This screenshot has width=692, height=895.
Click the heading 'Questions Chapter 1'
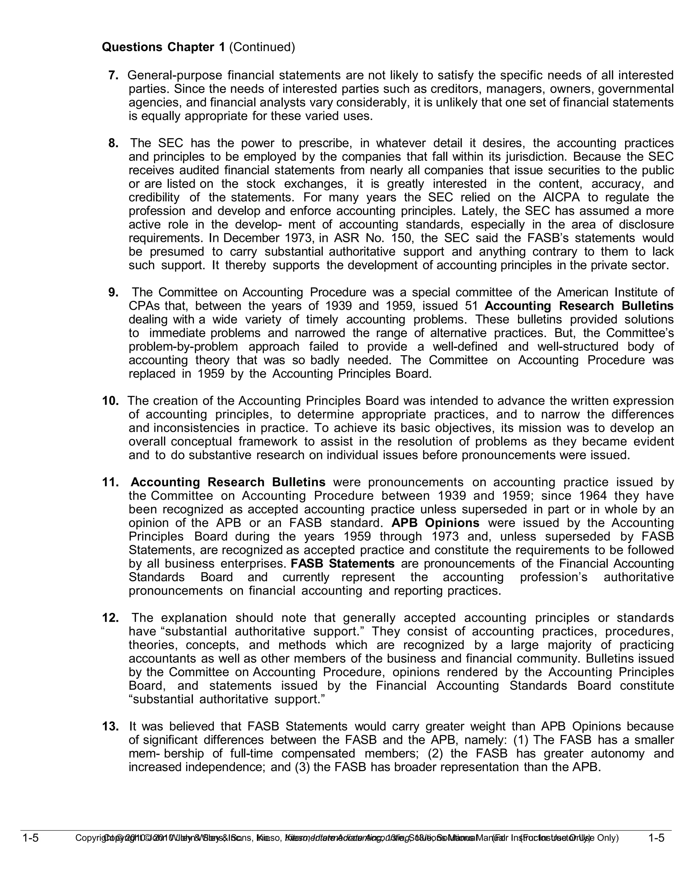pyautogui.click(x=163, y=48)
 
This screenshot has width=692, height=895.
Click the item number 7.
pyautogui.click(x=114, y=75)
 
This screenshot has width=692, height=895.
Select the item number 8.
pyautogui.click(x=114, y=143)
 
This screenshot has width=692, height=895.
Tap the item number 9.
pyautogui.click(x=114, y=292)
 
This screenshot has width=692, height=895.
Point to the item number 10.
pyautogui.click(x=110, y=401)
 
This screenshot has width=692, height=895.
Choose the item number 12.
pyautogui.click(x=110, y=618)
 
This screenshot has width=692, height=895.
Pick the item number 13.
pyautogui.click(x=110, y=726)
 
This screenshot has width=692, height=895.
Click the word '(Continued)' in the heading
pyautogui.click(x=262, y=48)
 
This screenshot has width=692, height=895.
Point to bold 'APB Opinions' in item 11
pyautogui.click(x=435, y=523)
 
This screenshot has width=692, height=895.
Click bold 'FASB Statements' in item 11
pyautogui.click(x=342, y=563)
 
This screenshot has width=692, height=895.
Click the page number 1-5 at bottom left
pyautogui.click(x=30, y=838)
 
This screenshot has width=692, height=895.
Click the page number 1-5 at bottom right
pyautogui.click(x=656, y=838)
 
